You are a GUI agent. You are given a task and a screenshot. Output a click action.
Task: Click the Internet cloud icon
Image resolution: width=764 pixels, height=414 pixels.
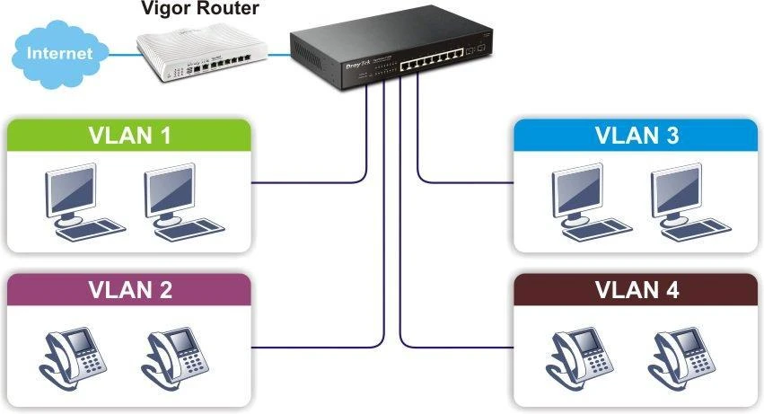59,52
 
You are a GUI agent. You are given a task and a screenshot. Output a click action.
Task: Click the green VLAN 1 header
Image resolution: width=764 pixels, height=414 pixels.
129,137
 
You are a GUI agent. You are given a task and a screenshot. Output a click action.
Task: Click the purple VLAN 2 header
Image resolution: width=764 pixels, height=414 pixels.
129,290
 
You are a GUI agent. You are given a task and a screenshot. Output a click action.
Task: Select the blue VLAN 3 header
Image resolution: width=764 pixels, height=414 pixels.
636,137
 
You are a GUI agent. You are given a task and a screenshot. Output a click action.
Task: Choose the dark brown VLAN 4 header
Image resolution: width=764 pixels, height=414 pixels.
636,290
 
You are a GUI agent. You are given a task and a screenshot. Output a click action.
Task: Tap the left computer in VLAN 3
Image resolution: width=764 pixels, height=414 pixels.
584,202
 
